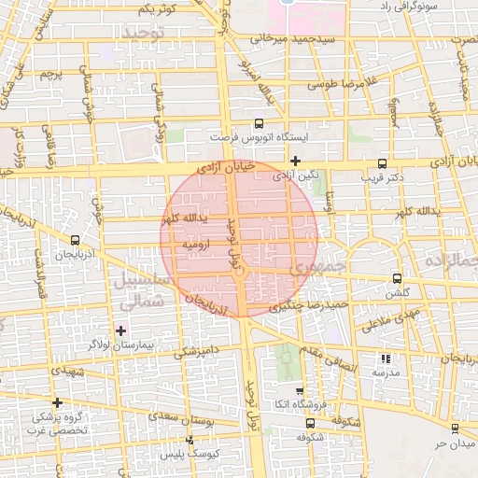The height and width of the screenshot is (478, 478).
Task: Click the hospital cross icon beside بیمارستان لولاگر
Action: pyautogui.click(x=120, y=330)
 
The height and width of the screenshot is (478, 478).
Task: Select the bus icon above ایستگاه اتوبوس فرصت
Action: pyautogui.click(x=259, y=122)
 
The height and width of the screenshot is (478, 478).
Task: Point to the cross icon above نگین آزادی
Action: pyautogui.click(x=295, y=161)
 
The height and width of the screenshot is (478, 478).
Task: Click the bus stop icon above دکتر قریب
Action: pyautogui.click(x=382, y=163)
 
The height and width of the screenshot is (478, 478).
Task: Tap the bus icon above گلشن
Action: pyautogui.click(x=398, y=279)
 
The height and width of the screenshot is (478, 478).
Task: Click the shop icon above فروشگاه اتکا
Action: pyautogui.click(x=299, y=391)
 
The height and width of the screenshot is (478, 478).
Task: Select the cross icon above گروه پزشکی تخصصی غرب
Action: pyautogui.click(x=58, y=403)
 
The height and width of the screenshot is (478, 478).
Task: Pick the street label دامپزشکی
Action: pyautogui.click(x=197, y=352)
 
